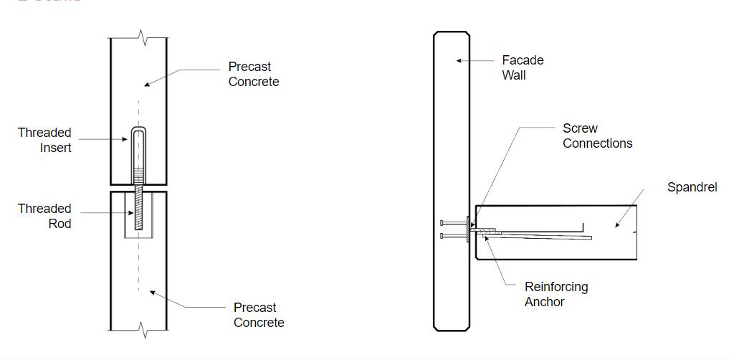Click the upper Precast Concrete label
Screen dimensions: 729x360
pos(254,74)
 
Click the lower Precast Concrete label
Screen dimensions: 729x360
pos(259,316)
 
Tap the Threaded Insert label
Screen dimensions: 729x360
pos(44,140)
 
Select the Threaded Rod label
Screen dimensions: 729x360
pos(44,216)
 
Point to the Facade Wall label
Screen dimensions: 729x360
pos(523,67)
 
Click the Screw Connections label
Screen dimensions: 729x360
pos(597,136)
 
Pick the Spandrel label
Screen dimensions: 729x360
pos(692,187)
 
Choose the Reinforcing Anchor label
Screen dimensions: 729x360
pos(556,294)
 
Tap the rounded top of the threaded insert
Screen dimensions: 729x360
pos(138,131)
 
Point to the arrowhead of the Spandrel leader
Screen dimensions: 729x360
pos(616,225)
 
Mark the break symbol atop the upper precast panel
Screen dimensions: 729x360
pos(143,35)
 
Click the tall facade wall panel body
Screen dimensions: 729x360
pos(451,143)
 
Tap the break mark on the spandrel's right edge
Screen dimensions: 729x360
pos(636,231)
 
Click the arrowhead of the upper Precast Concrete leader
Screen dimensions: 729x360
pos(146,85)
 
